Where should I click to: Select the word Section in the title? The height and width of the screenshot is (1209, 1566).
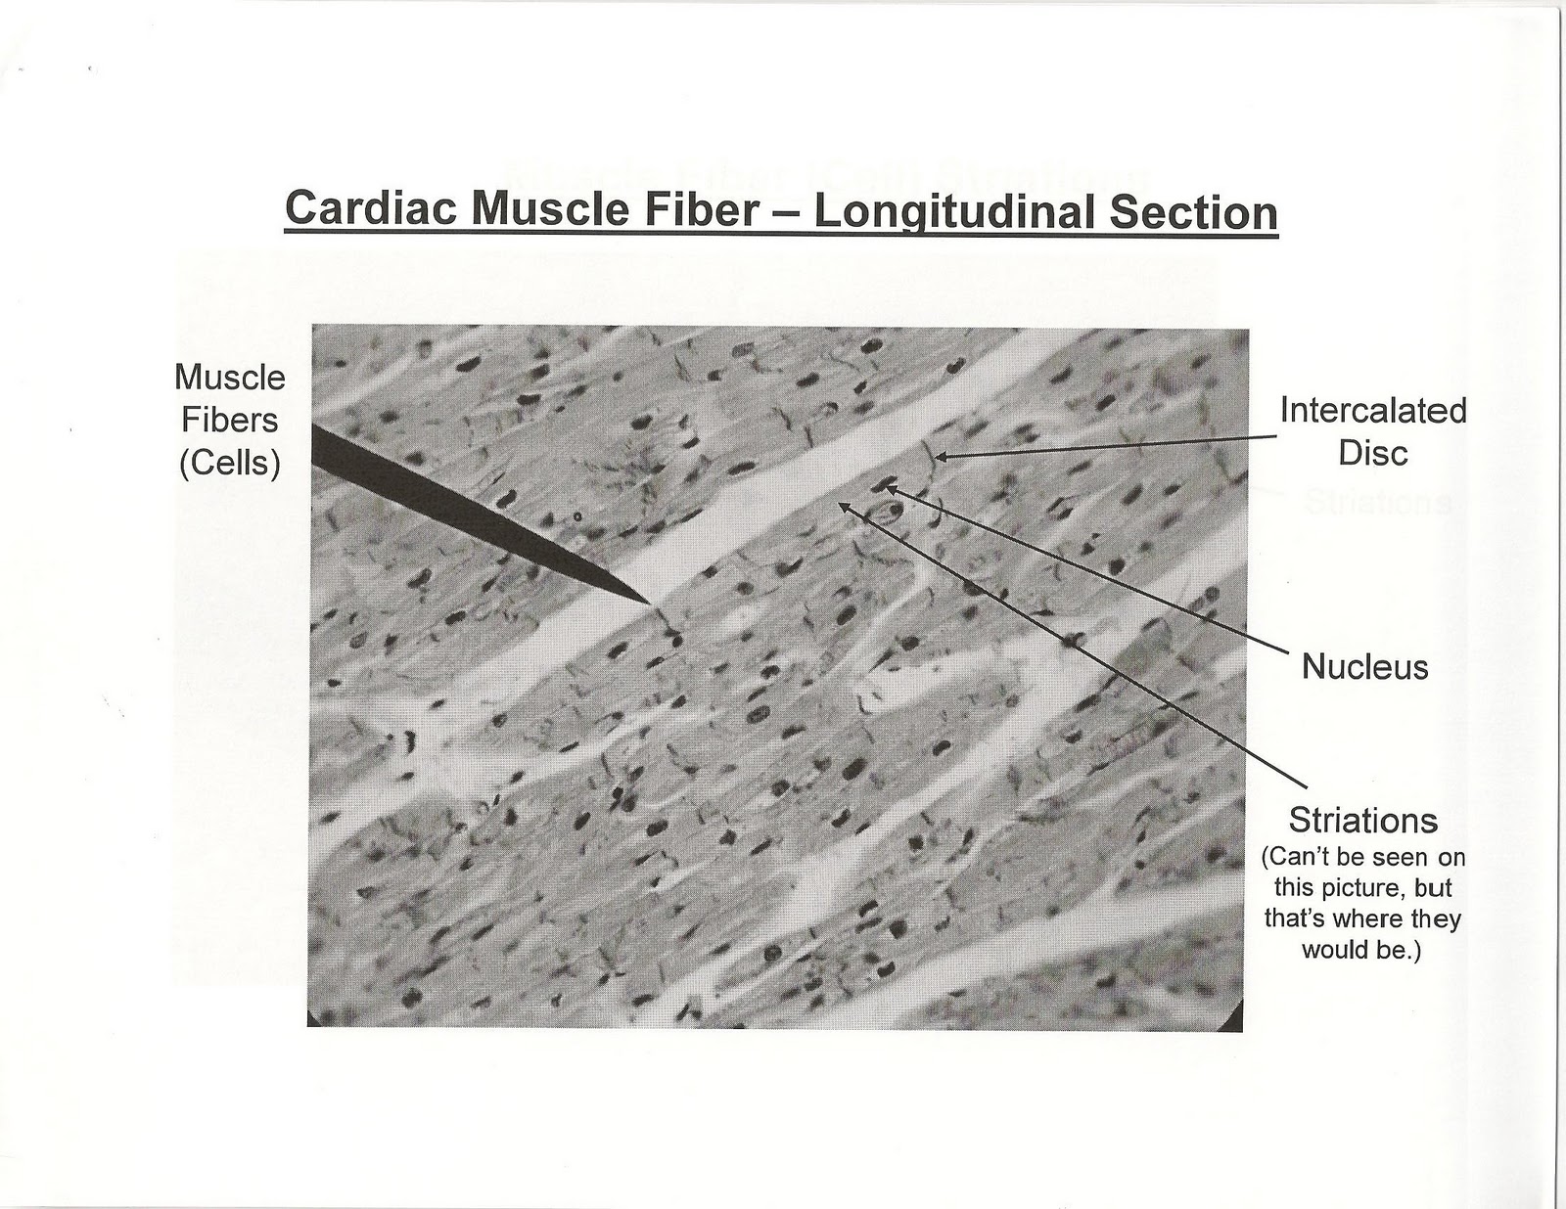[x=1193, y=211]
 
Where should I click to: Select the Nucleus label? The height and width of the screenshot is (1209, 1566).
[x=1364, y=667]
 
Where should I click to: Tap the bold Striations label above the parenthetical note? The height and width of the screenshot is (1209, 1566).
[x=1362, y=820]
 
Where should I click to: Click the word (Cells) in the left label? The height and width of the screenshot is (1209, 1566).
[x=230, y=463]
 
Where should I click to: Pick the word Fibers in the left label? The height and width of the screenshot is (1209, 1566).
[x=230, y=420]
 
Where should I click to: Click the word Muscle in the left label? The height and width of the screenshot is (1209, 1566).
[x=230, y=377]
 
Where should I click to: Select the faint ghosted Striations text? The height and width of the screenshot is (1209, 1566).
[x=1376, y=503]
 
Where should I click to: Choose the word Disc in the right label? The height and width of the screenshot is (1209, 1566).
[x=1373, y=453]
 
